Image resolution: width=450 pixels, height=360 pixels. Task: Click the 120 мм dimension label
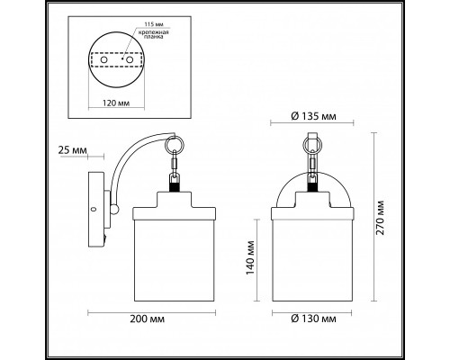116,103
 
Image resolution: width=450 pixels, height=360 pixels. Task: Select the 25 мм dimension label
73,150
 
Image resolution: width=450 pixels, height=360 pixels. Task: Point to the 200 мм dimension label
147,319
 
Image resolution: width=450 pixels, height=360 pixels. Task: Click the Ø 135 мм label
313,116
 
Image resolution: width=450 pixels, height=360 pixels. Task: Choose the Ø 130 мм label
313,319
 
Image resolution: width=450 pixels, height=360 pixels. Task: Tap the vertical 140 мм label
250,257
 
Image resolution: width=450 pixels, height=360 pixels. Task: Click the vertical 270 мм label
380,218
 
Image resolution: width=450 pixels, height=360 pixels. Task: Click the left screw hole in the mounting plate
103,60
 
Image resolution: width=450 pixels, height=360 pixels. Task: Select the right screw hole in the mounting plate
130,60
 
